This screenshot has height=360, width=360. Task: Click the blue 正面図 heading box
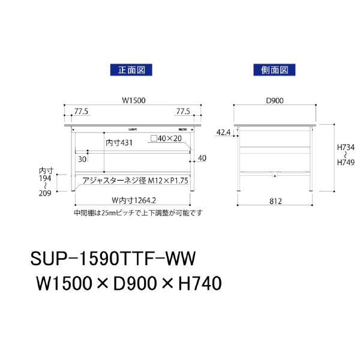pos(131,70)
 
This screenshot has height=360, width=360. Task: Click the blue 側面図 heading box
pos(274,70)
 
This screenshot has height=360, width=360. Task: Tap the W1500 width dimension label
pos(134,100)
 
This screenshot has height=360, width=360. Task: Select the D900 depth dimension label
pos(275,100)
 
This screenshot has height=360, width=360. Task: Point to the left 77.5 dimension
pos(81,112)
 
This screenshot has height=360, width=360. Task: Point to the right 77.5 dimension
pos(183,112)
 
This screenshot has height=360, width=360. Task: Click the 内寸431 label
pos(119,143)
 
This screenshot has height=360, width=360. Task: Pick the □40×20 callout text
pos(166,139)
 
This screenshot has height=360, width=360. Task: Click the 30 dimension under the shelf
pos(82,160)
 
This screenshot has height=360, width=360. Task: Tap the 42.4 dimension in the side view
pos(223,132)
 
